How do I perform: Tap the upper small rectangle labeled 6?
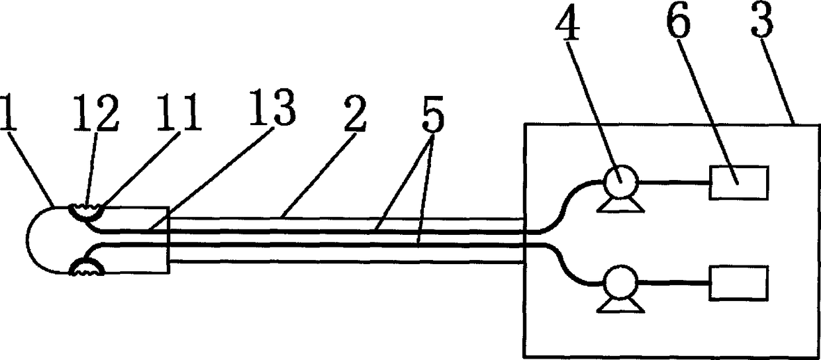click(739, 183)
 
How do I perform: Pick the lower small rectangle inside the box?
click(739, 281)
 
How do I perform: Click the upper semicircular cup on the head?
click(87, 212)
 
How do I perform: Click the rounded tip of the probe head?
click(32, 240)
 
